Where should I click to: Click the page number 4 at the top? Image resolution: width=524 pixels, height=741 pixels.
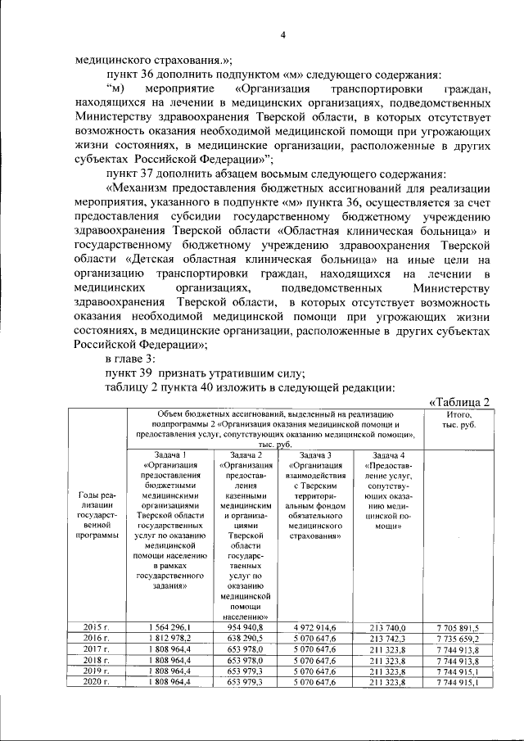282,34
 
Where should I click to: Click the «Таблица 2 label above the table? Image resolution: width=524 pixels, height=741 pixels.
459,401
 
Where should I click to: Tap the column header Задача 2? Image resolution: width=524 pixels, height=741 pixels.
246,455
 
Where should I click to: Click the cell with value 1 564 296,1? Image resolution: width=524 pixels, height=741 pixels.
170,626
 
